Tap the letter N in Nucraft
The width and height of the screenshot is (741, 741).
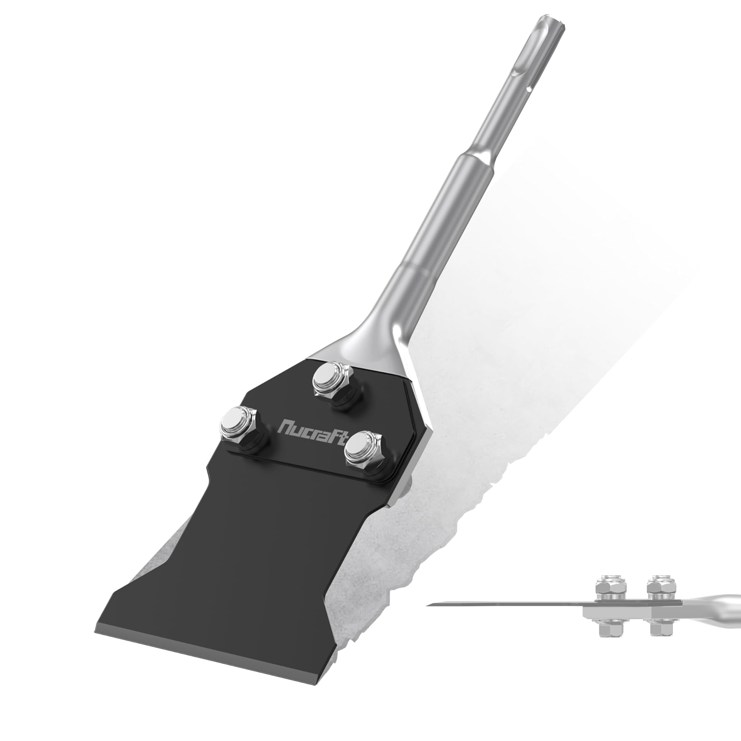coord(286,425)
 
